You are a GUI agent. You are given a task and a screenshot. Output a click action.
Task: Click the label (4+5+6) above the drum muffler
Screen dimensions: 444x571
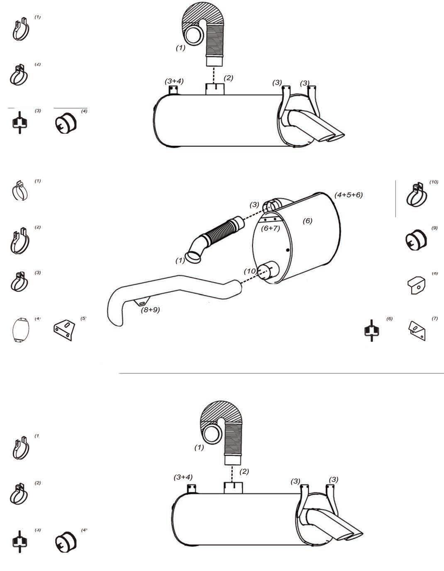click(349, 195)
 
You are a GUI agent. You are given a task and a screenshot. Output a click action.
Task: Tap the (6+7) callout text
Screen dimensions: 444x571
click(270, 228)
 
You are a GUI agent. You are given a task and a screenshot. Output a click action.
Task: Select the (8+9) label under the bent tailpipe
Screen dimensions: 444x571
click(150, 309)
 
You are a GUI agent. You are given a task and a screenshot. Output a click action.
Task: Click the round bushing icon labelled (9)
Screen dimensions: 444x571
click(415, 241)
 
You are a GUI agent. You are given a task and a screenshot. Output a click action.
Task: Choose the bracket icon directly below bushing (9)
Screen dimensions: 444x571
click(416, 285)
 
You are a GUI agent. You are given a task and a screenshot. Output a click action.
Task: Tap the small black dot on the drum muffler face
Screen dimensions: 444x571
click(288, 250)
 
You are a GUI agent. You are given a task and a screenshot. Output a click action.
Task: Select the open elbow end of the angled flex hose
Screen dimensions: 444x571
click(194, 257)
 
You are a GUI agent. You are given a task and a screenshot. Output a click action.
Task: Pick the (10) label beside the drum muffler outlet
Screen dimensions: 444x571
click(250, 271)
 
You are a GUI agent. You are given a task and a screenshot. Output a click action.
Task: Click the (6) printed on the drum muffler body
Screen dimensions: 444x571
click(307, 221)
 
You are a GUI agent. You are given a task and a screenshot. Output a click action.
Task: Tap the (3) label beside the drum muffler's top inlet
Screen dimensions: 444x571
click(254, 205)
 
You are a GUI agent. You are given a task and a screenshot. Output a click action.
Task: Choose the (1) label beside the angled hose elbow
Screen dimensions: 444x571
click(180, 261)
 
